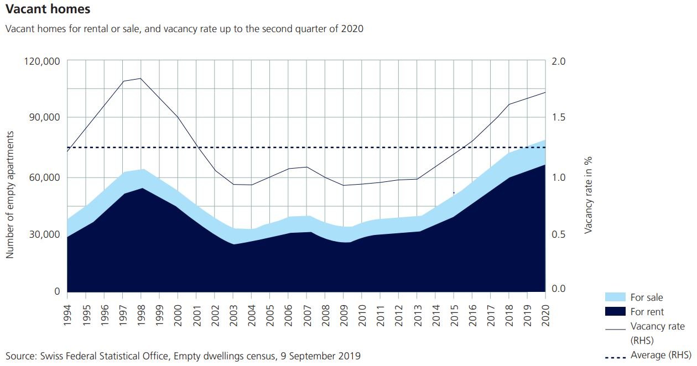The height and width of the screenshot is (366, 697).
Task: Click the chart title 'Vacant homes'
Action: click(48, 9)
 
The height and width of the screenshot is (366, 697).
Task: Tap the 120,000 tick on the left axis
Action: click(42, 61)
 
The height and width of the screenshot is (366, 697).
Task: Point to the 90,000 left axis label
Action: click(44, 117)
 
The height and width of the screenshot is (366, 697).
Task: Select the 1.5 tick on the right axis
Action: click(558, 117)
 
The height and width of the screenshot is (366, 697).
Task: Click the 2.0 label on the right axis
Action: click(558, 61)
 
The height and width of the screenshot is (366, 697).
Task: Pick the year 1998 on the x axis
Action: click(141, 315)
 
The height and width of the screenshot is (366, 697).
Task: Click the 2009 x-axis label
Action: click(344, 315)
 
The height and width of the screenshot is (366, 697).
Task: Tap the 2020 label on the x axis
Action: click(546, 315)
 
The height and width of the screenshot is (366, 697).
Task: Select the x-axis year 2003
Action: click(233, 315)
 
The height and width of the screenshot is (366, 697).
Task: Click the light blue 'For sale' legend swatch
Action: click(615, 297)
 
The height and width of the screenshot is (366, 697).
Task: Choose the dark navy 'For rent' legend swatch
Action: click(615, 311)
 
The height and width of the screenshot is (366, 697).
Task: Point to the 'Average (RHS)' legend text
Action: click(661, 355)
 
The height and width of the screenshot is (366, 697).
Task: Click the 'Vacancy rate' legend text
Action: click(658, 326)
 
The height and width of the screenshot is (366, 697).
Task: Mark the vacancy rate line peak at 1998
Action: click(141, 79)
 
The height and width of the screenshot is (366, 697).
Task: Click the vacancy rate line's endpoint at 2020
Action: click(545, 92)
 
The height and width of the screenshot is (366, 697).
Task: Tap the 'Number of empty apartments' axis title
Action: click(10, 195)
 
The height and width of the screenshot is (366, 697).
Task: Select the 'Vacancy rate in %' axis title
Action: click(588, 195)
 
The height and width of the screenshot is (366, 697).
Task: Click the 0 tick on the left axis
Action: click(58, 291)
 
